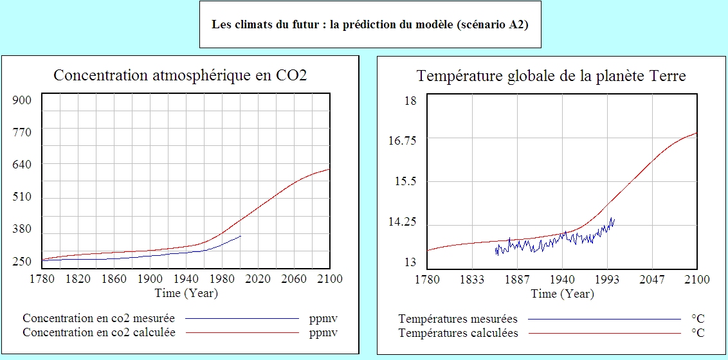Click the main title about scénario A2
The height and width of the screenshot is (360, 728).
click(370, 25)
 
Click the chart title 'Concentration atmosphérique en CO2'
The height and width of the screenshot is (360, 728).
click(180, 75)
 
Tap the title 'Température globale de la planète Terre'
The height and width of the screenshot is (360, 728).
click(551, 76)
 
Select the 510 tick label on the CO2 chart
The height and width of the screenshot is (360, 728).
click(23, 197)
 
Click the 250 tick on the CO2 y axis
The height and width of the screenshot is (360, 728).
click(23, 262)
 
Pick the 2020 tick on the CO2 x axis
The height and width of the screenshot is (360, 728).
click(258, 279)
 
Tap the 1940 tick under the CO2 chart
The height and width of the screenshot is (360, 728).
click(186, 279)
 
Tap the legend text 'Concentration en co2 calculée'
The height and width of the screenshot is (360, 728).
click(99, 332)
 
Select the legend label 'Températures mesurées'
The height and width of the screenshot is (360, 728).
click(458, 319)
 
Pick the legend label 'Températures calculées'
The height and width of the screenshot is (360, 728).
click(458, 333)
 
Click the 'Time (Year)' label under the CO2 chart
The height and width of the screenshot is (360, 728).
click(187, 293)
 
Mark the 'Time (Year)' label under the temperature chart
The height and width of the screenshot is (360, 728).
click(563, 294)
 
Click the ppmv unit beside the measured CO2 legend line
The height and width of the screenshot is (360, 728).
click(323, 318)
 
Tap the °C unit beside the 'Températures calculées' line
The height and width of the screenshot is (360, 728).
click(698, 333)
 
